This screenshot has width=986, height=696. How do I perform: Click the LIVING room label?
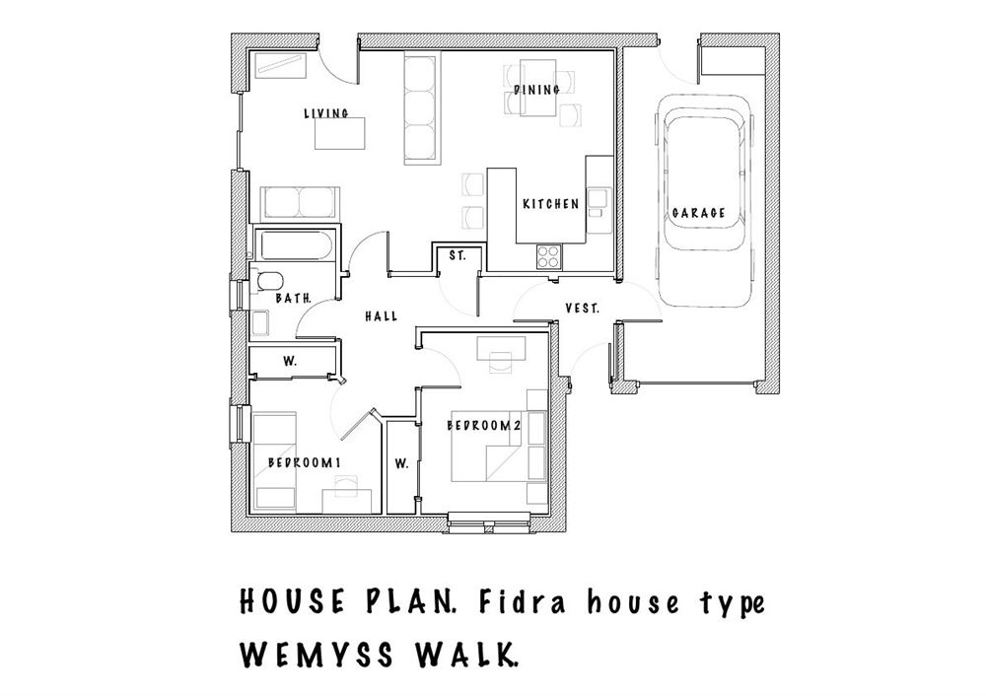coord(326,113)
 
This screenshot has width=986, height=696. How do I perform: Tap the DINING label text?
coord(536,90)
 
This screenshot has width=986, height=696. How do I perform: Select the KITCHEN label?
coord(551,204)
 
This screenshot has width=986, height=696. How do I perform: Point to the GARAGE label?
coord(699,213)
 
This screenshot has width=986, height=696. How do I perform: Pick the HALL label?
coord(382,316)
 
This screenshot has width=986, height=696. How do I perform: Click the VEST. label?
coord(583,309)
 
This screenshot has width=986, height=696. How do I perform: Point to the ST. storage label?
coord(458,256)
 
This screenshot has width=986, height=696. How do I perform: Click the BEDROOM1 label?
coord(305,462)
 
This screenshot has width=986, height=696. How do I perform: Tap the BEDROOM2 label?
coord(484,426)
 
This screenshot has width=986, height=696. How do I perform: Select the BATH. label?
coord(294,299)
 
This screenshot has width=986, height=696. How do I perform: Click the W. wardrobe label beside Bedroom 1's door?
coord(290,362)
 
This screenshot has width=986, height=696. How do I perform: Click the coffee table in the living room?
coord(340,133)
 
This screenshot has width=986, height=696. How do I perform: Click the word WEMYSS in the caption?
coord(317,655)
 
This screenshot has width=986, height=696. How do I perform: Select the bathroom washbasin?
coord(260,322)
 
